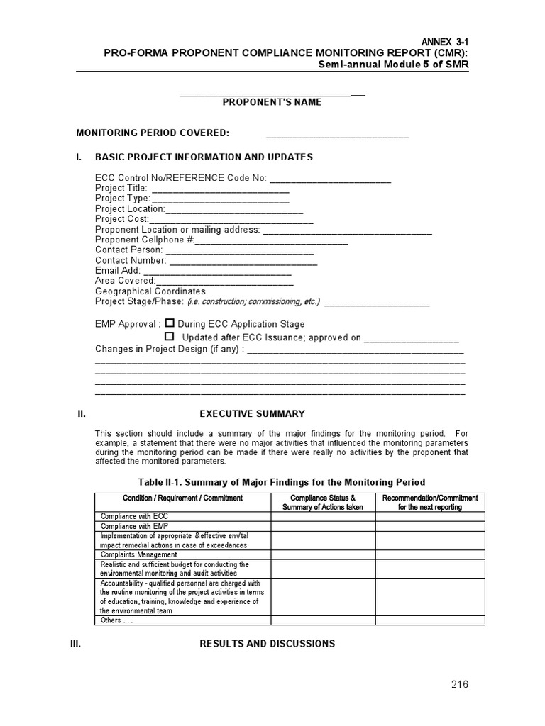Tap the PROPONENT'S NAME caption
pos(272,102)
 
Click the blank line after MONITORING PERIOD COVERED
pos(337,135)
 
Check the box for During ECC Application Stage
pos(170,323)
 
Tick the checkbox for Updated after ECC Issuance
pos(170,337)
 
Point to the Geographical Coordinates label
pos(150,291)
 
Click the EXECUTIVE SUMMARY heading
pos(252,413)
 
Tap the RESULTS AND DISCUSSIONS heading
pos(267,644)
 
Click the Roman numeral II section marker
pos(81,413)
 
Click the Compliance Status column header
pos(323,502)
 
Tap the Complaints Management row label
pos(138,554)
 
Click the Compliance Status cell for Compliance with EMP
pos(323,526)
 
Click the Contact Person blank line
pos(239,250)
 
